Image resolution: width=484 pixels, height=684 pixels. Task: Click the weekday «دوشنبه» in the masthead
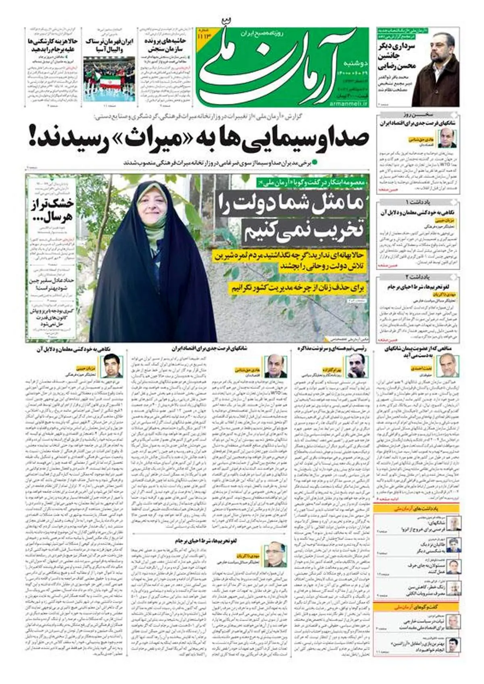[355, 63]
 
